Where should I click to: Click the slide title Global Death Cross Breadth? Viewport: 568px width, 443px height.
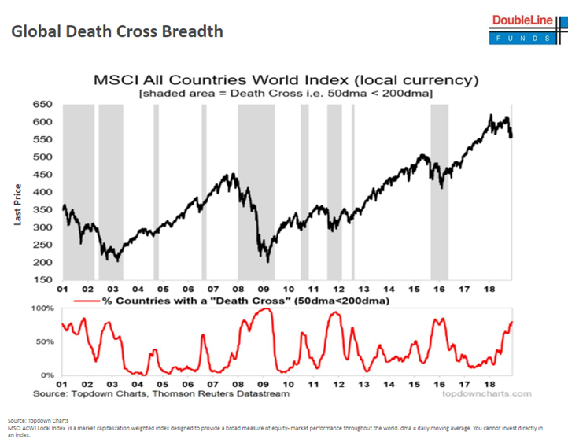(117, 32)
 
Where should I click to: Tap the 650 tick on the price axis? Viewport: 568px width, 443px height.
(42, 105)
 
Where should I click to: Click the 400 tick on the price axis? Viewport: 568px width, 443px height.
(42, 192)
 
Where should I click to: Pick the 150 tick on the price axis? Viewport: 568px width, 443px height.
(42, 279)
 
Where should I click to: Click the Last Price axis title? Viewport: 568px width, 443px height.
(17, 205)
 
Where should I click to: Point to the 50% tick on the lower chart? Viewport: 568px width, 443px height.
(44, 342)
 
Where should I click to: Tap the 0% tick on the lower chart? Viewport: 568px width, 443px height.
(46, 375)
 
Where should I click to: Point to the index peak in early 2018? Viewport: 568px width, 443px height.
(490, 116)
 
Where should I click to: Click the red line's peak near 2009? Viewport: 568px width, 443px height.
(266, 309)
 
